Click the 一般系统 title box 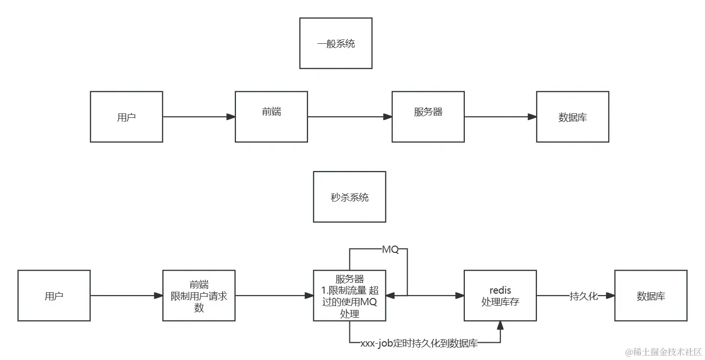click(335, 43)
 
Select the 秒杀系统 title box click(349, 197)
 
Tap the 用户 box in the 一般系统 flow click(126, 117)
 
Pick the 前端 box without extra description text click(271, 117)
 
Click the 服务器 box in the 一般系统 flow click(428, 117)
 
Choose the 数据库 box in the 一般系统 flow click(572, 117)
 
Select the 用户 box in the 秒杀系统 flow click(54, 296)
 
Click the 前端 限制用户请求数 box click(199, 296)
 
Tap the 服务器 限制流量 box click(349, 296)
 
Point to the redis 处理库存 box click(500, 296)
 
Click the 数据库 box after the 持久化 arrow click(651, 296)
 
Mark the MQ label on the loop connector click(390, 250)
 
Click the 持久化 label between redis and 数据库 click(583, 296)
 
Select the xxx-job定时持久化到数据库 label click(419, 343)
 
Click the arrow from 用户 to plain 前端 click(199, 117)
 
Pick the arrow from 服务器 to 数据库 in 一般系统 click(500, 117)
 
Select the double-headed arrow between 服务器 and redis click(425, 296)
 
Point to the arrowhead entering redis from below click(500, 325)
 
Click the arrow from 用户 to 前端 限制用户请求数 click(126, 296)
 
